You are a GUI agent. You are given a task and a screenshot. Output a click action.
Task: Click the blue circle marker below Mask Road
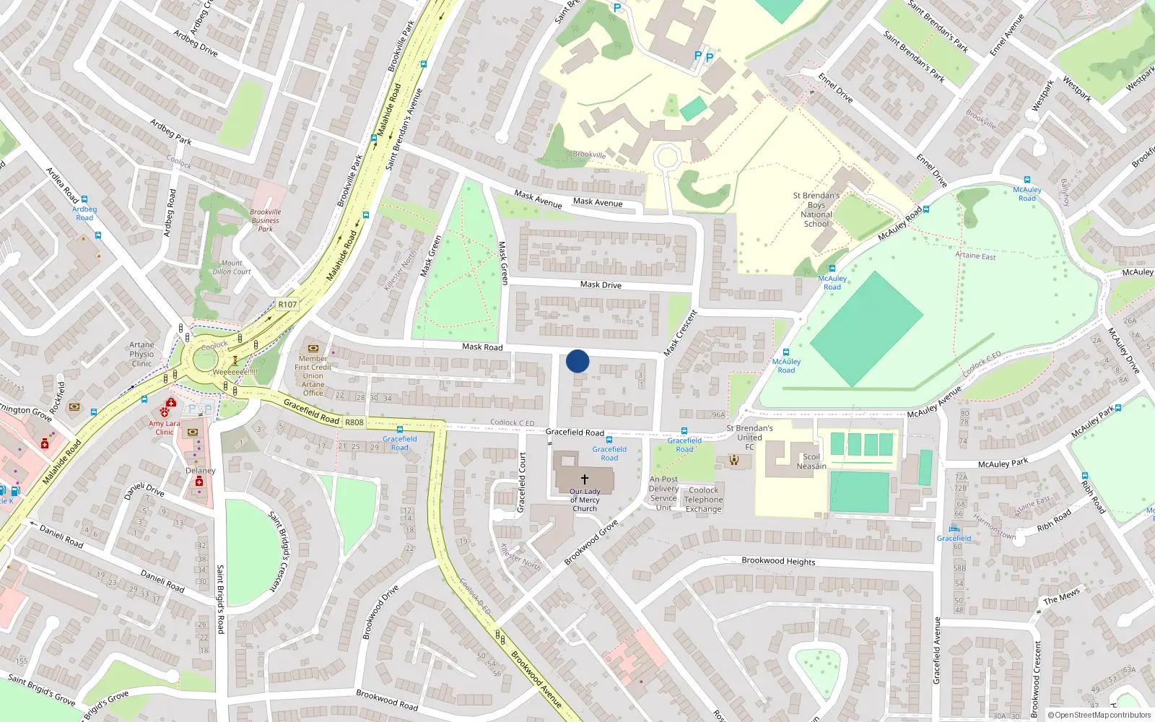point(577,361)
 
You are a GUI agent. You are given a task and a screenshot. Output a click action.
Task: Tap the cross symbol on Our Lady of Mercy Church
point(585,479)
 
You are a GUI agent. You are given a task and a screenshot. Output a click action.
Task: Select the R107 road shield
point(287,305)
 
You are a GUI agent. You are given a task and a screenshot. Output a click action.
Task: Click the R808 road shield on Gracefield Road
point(354,422)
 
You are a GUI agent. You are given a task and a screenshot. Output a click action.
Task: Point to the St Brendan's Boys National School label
point(816,209)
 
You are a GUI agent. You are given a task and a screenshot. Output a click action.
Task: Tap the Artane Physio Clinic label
point(141,355)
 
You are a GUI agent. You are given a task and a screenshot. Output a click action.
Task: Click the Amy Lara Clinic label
point(165,427)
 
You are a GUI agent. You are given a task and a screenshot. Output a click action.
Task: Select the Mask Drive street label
point(601,284)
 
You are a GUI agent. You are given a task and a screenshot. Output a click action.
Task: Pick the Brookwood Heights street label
point(778,561)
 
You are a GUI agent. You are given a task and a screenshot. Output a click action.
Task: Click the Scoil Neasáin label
point(811,461)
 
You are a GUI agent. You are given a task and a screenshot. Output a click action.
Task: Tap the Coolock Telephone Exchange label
point(703,499)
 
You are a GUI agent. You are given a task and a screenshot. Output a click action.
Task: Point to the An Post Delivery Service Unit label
point(663,493)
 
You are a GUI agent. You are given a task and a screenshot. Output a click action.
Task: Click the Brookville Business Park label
point(266,220)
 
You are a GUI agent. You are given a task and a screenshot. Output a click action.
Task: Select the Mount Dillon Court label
point(232,267)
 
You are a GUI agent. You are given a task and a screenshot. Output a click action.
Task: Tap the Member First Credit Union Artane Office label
point(313,375)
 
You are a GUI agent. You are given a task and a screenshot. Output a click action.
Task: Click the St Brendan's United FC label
point(749,438)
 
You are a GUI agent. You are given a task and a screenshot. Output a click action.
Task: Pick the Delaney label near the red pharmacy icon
point(200,471)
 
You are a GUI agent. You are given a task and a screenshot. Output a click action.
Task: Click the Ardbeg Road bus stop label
point(84,213)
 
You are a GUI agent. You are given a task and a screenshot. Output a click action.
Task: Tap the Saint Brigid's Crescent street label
point(279,552)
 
